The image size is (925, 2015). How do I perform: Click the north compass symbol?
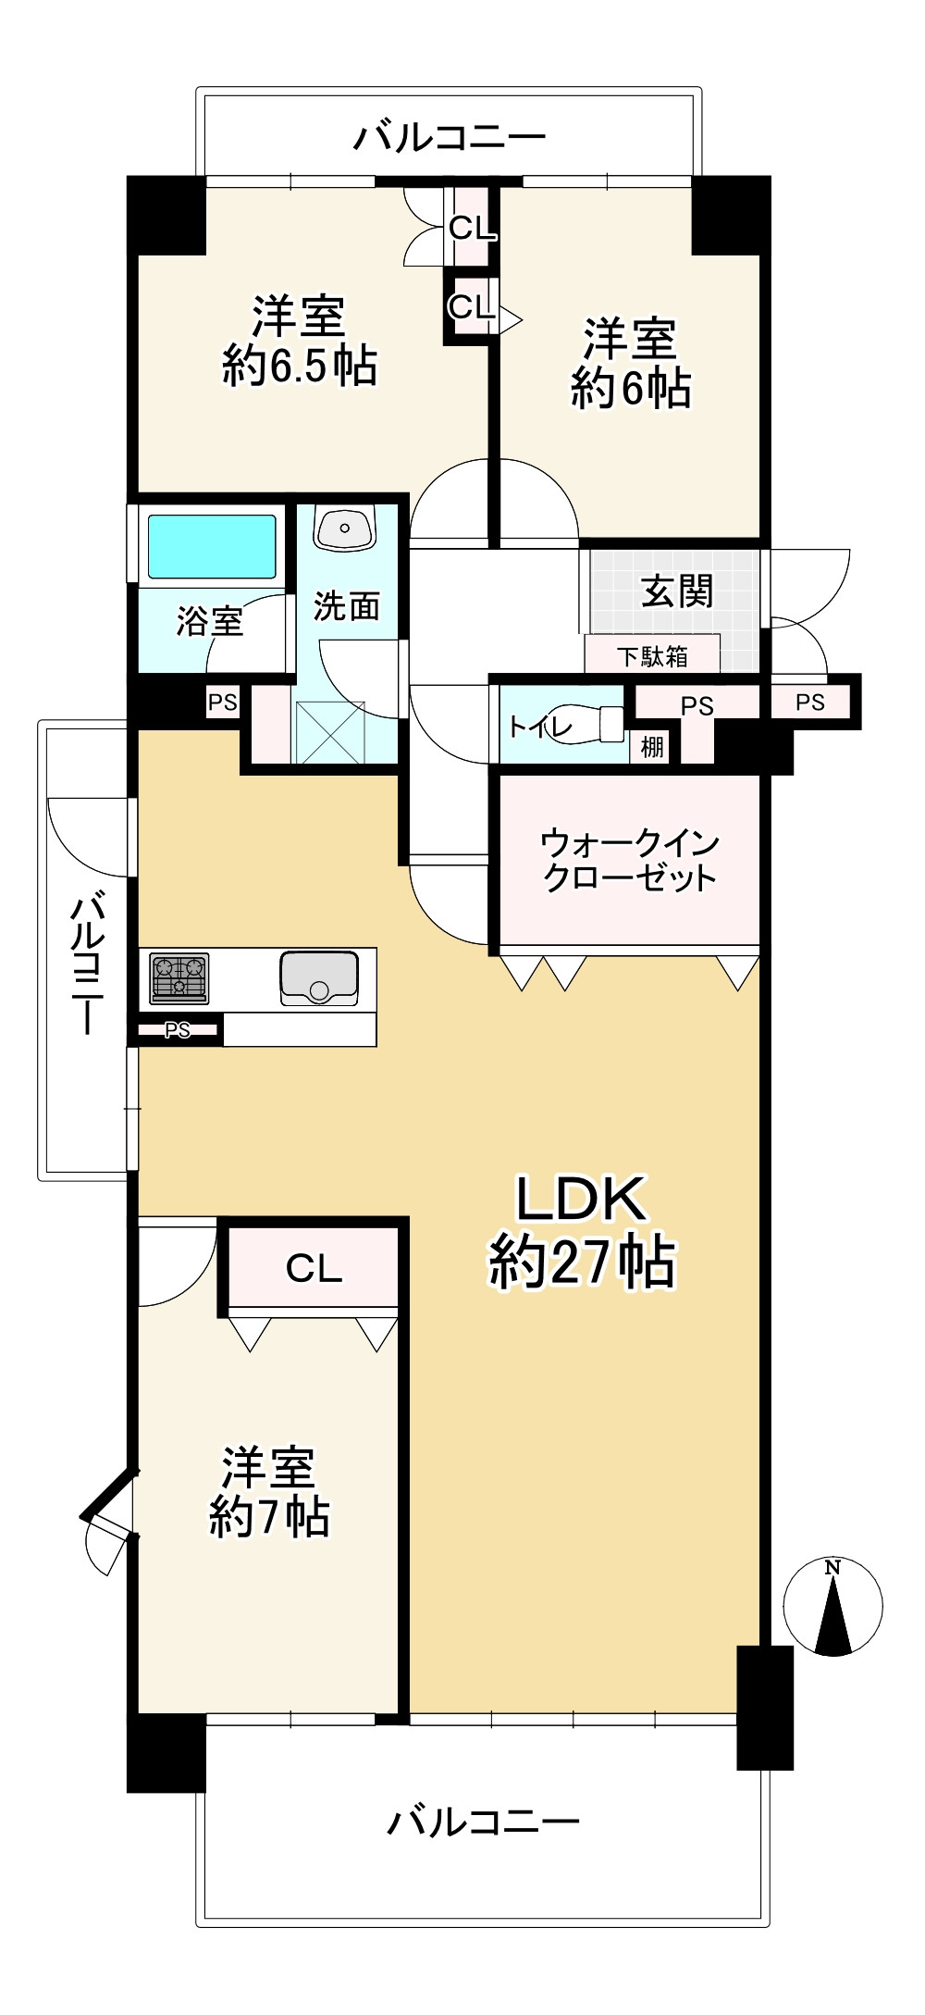click(x=832, y=1606)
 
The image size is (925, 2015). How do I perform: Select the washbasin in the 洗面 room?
click(x=344, y=527)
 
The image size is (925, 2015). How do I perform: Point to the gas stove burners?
click(x=179, y=977)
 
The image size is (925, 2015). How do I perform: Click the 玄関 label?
click(x=677, y=591)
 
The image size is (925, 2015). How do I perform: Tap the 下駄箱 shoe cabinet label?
click(x=652, y=656)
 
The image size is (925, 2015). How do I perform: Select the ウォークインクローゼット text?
click(x=629, y=860)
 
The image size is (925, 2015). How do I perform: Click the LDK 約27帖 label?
click(x=582, y=1231)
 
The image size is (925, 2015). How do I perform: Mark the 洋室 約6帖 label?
click(x=631, y=363)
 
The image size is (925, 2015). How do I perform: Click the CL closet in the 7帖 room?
click(x=314, y=1267)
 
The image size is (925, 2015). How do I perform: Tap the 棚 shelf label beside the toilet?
click(x=652, y=747)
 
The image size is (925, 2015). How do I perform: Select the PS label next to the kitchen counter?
click(x=178, y=1029)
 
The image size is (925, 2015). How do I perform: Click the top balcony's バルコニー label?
click(x=450, y=138)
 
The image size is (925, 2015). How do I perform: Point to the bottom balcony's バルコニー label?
click(x=483, y=1822)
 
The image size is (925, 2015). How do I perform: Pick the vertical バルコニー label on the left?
click(x=87, y=962)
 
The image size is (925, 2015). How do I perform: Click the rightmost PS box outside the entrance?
click(x=810, y=703)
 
